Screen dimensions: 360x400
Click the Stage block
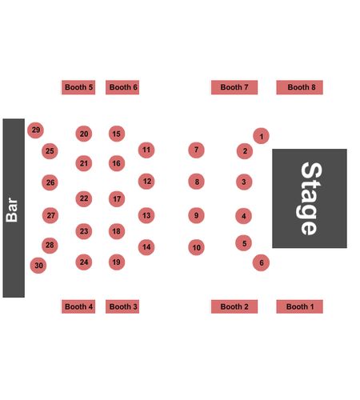click(310, 198)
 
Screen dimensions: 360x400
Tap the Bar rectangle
click(14, 208)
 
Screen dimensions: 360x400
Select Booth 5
click(78, 87)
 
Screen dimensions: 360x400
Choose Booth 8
click(299, 87)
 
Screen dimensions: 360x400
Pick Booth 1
click(299, 306)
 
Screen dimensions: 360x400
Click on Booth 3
click(122, 306)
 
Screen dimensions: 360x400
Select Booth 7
click(234, 87)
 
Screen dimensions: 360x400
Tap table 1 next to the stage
click(261, 136)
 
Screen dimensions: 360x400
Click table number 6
click(261, 262)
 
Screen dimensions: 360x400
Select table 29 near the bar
click(35, 130)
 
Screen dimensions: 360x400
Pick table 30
click(38, 266)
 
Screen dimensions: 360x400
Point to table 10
click(196, 247)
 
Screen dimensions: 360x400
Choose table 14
click(146, 247)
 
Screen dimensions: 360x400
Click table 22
click(84, 198)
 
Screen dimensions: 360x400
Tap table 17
click(117, 199)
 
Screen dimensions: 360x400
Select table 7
click(196, 150)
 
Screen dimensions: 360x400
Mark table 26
click(50, 182)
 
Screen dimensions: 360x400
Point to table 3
click(244, 182)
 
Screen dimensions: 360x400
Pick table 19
click(117, 262)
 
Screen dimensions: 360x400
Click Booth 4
click(78, 306)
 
